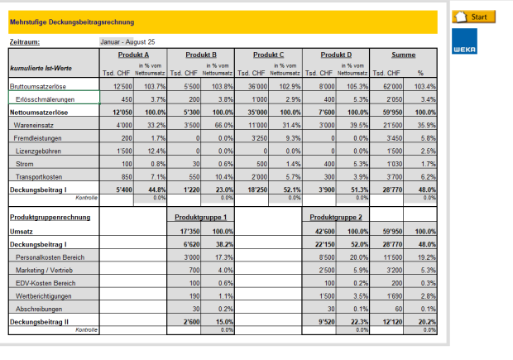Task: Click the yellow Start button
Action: coord(473,17)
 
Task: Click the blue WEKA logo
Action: coord(464,44)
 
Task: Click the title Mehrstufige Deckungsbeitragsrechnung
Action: coord(71,22)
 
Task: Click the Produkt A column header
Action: coord(133,55)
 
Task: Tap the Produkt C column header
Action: coord(268,55)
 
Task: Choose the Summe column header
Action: coord(403,55)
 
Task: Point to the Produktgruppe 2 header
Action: coord(335,216)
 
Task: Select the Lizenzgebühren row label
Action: coord(41,151)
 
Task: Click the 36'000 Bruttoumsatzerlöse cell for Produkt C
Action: coord(254,86)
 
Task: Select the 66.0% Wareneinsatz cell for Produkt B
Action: coord(218,125)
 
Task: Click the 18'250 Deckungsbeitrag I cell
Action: coord(253,190)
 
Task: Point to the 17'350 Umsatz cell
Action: coord(186,231)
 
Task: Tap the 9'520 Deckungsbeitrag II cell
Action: coord(320,321)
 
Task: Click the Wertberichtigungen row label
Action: coord(46,295)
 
